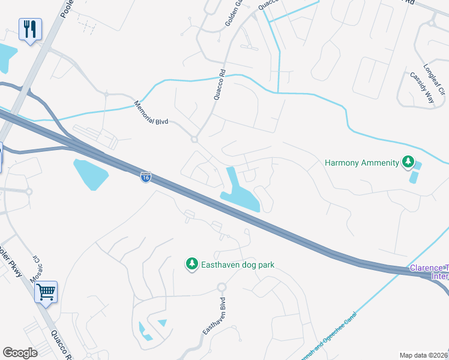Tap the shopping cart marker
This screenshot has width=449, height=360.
point(46,292)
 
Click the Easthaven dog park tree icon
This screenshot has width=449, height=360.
point(191,264)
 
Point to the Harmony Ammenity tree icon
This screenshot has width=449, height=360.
point(408,162)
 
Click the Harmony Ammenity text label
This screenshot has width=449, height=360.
point(361,163)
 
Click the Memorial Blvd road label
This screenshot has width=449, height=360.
point(152,112)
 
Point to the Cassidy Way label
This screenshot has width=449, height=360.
point(421,89)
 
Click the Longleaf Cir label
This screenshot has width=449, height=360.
point(436,80)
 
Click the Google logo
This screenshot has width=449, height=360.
point(20,352)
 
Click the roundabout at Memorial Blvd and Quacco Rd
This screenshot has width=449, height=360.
point(194,139)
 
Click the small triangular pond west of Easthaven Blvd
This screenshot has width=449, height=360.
point(161,323)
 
